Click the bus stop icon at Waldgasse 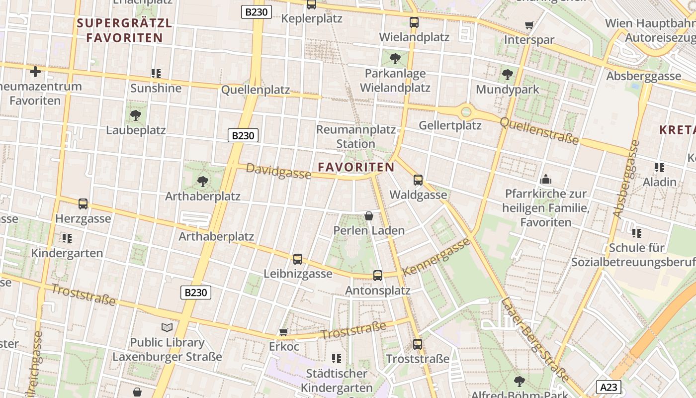point(418,180)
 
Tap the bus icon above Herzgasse point(83,204)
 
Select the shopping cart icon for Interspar point(529,25)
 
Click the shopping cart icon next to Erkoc point(284,332)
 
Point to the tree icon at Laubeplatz point(135,115)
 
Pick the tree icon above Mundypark point(508,75)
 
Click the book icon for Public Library point(167,327)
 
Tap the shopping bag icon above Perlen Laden point(369,216)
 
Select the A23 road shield point(609,387)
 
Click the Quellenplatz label point(255,90)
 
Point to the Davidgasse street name point(278,171)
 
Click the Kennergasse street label point(436,257)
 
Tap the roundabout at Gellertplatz point(466,111)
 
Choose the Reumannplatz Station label point(356,137)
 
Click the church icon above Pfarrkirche point(546,179)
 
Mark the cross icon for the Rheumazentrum point(35,72)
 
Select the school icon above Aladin point(660,168)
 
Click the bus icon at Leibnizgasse point(297,259)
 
